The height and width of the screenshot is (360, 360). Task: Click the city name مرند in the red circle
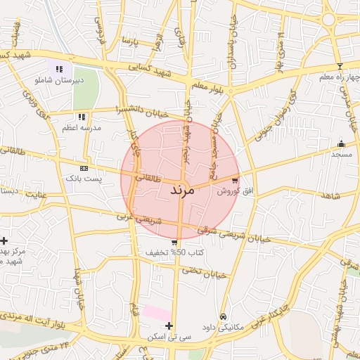click(x=181, y=190)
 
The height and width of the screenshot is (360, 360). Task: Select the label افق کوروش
click(x=231, y=191)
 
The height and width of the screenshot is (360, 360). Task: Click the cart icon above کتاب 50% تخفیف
click(x=174, y=243)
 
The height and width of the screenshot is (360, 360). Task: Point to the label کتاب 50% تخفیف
click(x=175, y=252)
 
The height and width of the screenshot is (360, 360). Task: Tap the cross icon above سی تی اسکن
click(x=169, y=326)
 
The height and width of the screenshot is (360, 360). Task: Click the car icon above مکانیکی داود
click(x=224, y=317)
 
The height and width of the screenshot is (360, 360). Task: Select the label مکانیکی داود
click(x=223, y=327)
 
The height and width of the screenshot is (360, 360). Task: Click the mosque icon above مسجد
click(x=342, y=144)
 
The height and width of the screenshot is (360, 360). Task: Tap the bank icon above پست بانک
click(x=84, y=169)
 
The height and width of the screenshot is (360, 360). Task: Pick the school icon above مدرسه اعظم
click(x=82, y=117)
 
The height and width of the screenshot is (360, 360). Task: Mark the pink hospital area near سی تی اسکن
click(x=157, y=312)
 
